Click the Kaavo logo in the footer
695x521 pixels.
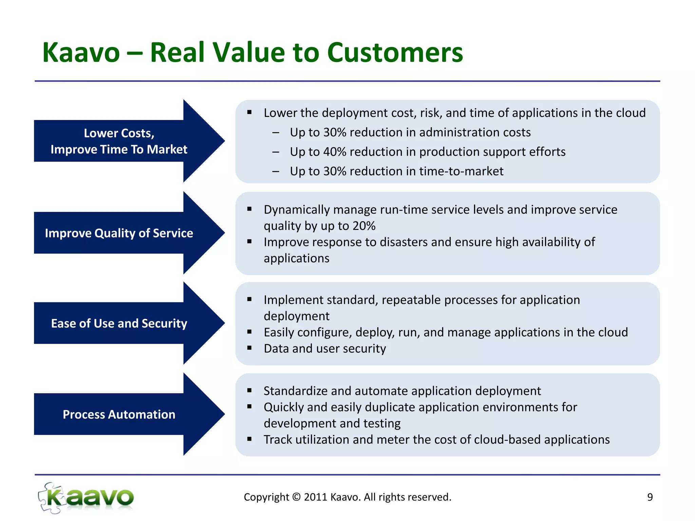tap(86, 498)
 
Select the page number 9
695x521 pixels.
tap(650, 497)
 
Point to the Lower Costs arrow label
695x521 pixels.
tap(119, 141)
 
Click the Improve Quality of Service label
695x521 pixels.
tap(119, 233)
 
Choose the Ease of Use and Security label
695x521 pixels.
tap(119, 323)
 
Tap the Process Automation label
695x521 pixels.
tap(119, 414)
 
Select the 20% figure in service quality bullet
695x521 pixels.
tap(364, 226)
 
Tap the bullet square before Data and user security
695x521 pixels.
tap(249, 348)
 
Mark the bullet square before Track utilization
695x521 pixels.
tap(249, 439)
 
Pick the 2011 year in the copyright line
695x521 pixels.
tap(316, 497)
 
